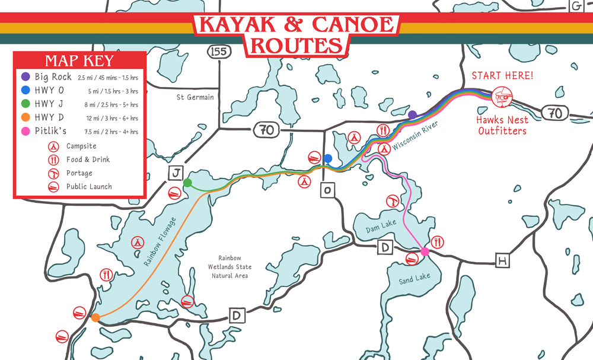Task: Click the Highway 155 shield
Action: [x=219, y=52]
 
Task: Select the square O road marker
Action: [x=327, y=190]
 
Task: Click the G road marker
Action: [x=575, y=6]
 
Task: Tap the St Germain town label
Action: [x=195, y=97]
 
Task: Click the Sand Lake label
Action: [x=414, y=279]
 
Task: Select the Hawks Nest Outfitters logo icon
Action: [x=502, y=96]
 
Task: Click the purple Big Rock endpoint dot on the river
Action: [x=412, y=114]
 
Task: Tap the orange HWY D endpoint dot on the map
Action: [x=95, y=318]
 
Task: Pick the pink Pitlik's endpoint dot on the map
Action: [x=425, y=252]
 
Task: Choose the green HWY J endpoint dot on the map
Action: [x=187, y=183]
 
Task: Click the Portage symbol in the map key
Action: [x=54, y=173]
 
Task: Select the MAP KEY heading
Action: [x=79, y=61]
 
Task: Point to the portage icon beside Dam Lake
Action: [x=392, y=200]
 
